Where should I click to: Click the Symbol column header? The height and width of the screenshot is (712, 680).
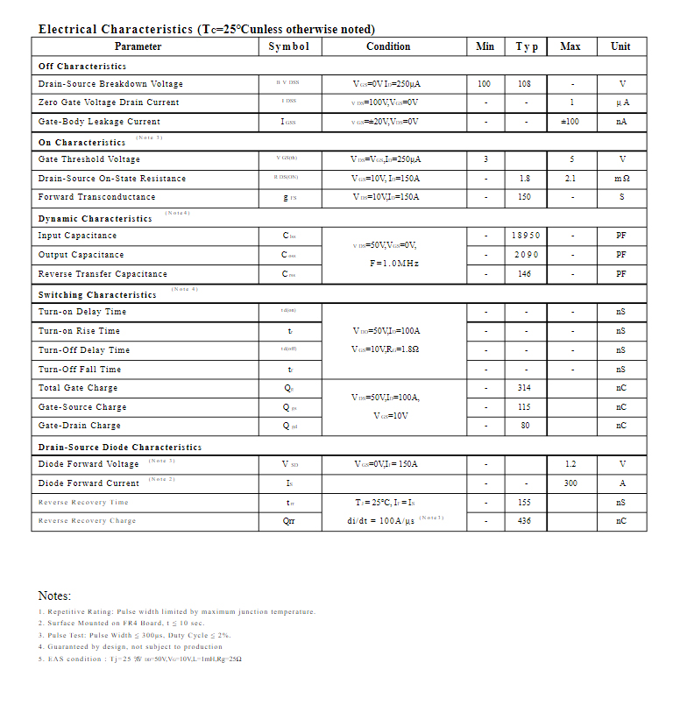pos(288,46)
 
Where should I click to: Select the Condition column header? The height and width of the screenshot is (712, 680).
pos(388,46)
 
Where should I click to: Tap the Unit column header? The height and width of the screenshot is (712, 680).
pos(620,46)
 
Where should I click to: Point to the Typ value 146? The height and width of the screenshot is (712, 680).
pos(525,274)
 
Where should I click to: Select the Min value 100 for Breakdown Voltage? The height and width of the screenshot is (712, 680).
pos(485,84)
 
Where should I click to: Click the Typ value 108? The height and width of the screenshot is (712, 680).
pos(525,84)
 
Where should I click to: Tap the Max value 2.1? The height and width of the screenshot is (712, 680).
pos(570,179)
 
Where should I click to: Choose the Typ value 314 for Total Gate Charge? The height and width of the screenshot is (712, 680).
pos(525,388)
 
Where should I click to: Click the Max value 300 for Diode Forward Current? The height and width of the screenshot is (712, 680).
pos(570,483)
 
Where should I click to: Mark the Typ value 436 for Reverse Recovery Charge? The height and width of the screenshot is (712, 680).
pos(525,521)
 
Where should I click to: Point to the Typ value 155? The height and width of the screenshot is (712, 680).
pos(525,503)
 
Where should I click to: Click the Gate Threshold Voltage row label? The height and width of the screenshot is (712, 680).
pos(89,159)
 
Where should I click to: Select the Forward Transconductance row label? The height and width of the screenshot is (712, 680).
pos(96,197)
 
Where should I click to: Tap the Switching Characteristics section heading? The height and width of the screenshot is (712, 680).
pos(97,295)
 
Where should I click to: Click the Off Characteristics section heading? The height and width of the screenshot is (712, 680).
pos(82,66)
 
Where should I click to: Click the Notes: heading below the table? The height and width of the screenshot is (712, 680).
pos(54,596)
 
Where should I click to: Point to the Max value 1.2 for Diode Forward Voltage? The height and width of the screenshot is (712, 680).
pos(570,464)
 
